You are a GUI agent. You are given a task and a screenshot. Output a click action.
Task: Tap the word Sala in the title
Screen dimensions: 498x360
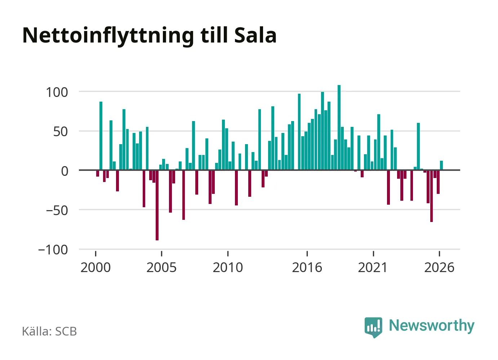pos(255,35)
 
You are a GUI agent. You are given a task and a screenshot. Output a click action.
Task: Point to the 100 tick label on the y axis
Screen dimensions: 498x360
pos(57,93)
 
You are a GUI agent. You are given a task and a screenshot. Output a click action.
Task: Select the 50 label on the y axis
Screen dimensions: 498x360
pos(60,132)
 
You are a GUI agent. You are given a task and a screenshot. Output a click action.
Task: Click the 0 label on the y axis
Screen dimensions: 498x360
pos(65,171)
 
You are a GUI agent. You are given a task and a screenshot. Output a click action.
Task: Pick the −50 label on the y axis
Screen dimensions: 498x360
pos(57,210)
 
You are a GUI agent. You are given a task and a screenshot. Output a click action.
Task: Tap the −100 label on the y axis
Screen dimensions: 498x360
pos(53,250)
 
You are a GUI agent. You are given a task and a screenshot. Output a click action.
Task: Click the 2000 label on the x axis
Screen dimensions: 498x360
pos(95,267)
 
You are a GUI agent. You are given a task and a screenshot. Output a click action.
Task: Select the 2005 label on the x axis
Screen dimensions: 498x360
pos(162,267)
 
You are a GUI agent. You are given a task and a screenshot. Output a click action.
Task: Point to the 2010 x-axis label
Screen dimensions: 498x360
pos(228,267)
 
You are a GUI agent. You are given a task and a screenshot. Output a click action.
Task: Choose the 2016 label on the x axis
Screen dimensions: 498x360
pos(307,267)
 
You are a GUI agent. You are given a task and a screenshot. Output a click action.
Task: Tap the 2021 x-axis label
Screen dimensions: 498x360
pos(373,267)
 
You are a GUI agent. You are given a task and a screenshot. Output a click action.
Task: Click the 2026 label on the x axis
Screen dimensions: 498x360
pos(439,267)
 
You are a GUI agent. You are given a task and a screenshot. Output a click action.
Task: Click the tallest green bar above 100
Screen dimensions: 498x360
pos(339,128)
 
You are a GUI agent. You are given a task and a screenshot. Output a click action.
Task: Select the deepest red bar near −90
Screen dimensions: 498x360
pos(157,205)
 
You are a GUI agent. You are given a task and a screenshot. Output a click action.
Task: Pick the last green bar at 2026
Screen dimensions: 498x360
pos(441,165)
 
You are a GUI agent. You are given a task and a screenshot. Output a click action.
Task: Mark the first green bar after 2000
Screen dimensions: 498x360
pos(101,136)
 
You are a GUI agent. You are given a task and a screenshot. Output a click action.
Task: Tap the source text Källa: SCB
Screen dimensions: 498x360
pos(49,331)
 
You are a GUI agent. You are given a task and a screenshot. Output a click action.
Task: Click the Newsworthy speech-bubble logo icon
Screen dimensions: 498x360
pos(373,327)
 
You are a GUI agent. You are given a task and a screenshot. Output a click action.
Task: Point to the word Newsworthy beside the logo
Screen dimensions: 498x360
pos(432,326)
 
